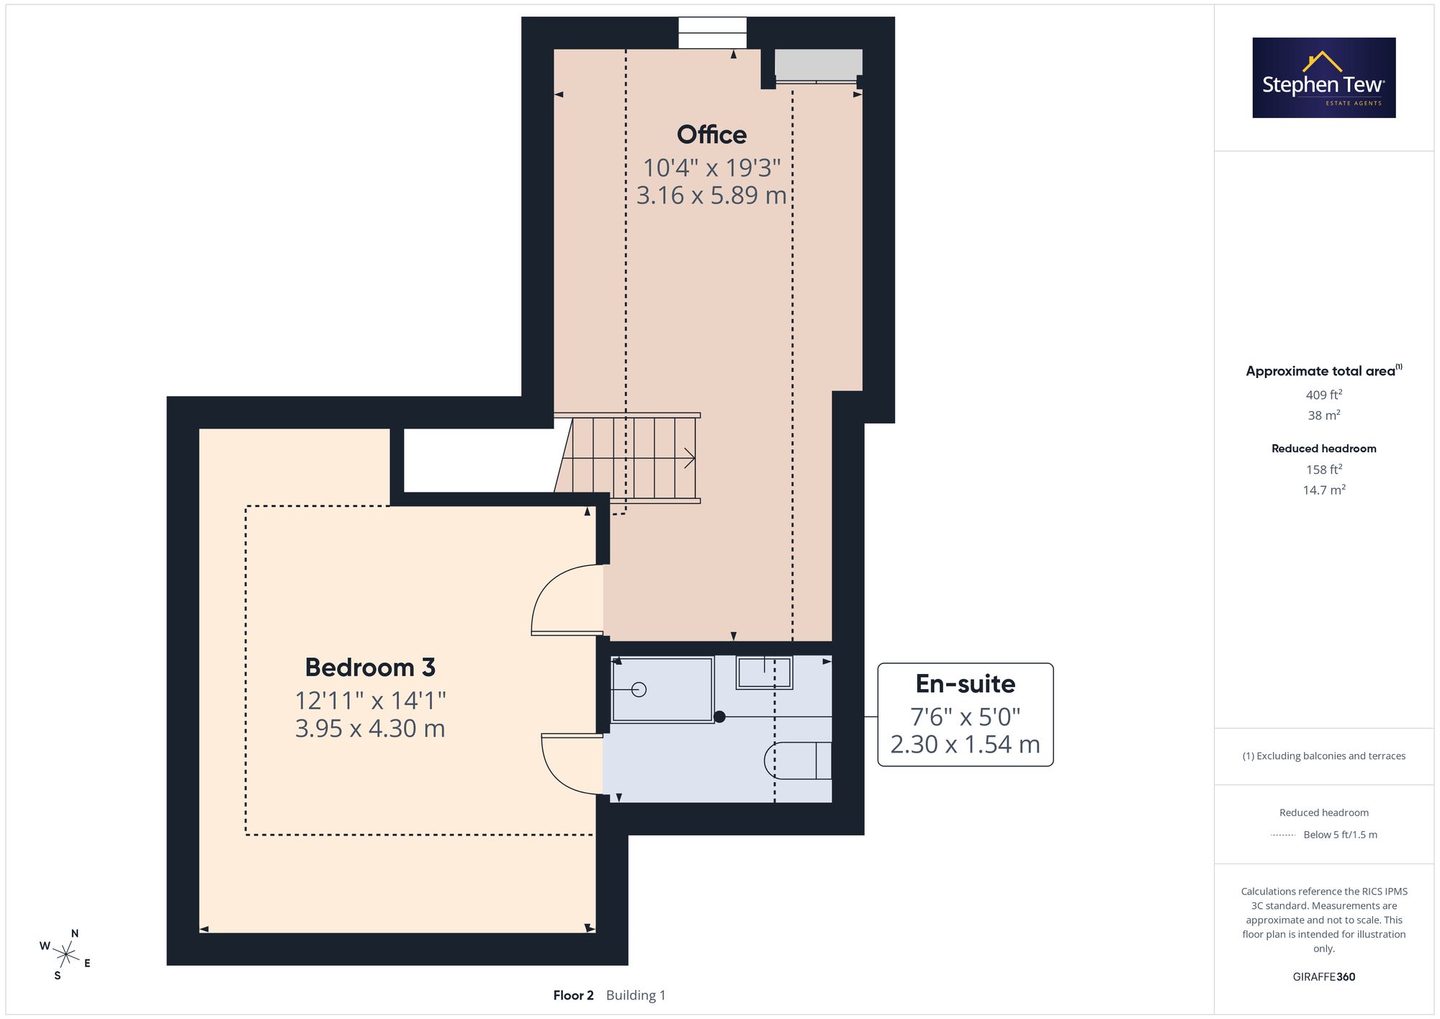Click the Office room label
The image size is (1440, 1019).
pos(711,135)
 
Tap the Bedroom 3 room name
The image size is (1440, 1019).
pos(370,668)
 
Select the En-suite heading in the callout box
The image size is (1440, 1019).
pos(966,683)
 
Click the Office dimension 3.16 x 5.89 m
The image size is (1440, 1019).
pos(711,195)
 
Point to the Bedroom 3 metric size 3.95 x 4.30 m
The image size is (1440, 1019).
pos(370,729)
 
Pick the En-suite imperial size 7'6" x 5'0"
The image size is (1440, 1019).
pos(966,717)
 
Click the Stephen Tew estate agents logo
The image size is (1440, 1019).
pos(1324,78)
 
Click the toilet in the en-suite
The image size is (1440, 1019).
pos(798,760)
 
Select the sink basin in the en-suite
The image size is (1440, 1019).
pos(764,673)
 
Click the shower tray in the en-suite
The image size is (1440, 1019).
pos(662,690)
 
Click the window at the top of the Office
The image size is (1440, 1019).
pos(712,33)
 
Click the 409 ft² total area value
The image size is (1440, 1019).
pos(1324,395)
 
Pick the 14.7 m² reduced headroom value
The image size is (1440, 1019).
pos(1324,490)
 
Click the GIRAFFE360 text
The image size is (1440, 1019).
pos(1324,977)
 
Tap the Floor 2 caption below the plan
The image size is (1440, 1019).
pos(573,995)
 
